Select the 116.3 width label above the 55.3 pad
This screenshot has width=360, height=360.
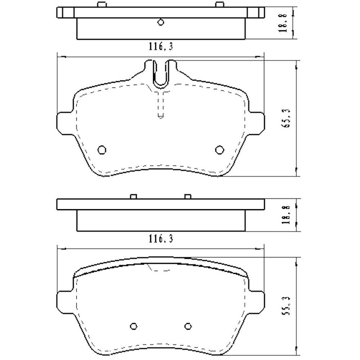161,238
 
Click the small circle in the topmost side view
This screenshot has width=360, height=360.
161,22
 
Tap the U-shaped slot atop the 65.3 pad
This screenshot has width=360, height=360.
161,74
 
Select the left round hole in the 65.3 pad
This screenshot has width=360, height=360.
102,149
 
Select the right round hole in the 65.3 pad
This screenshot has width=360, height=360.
219,149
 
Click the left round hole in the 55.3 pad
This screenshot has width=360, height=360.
134,325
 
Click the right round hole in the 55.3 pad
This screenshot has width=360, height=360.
187,325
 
